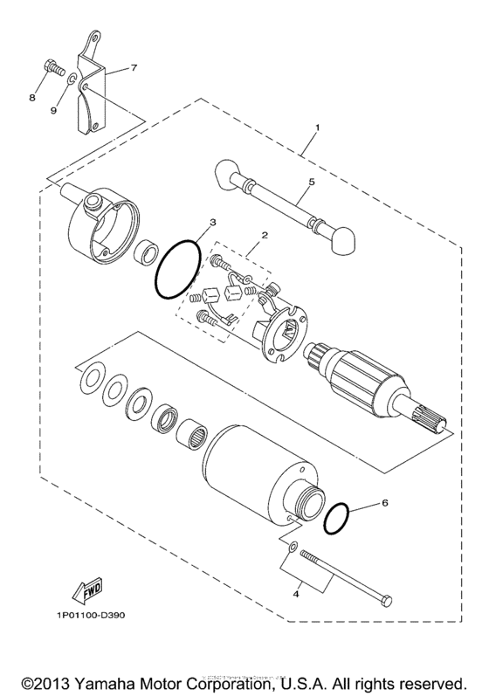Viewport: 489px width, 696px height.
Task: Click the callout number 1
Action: (x=317, y=127)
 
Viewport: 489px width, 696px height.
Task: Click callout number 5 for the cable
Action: (x=309, y=183)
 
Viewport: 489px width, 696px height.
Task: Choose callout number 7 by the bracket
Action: (x=134, y=67)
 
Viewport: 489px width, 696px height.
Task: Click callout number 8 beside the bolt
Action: (x=31, y=97)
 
